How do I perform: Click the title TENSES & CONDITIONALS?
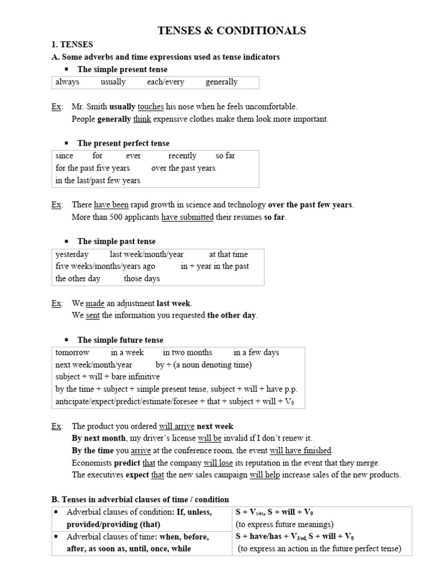pyautogui.click(x=232, y=31)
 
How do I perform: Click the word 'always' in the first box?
pyautogui.click(x=67, y=82)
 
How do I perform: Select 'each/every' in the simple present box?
pyautogui.click(x=165, y=82)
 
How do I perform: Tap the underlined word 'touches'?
pyautogui.click(x=151, y=107)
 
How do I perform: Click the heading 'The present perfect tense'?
pyautogui.click(x=123, y=143)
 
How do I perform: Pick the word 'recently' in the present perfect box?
pyautogui.click(x=182, y=156)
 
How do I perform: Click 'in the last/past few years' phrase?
pyautogui.click(x=98, y=181)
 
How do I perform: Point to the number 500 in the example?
pyautogui.click(x=118, y=218)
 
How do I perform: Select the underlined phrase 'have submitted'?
pyautogui.click(x=187, y=218)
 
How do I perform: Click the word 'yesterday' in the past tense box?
pyautogui.click(x=72, y=254)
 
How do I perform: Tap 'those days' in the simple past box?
pyautogui.click(x=141, y=279)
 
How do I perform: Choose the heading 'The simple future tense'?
pyautogui.click(x=120, y=340)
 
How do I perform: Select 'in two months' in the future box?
pyautogui.click(x=187, y=352)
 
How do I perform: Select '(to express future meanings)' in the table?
pyautogui.click(x=276, y=524)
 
